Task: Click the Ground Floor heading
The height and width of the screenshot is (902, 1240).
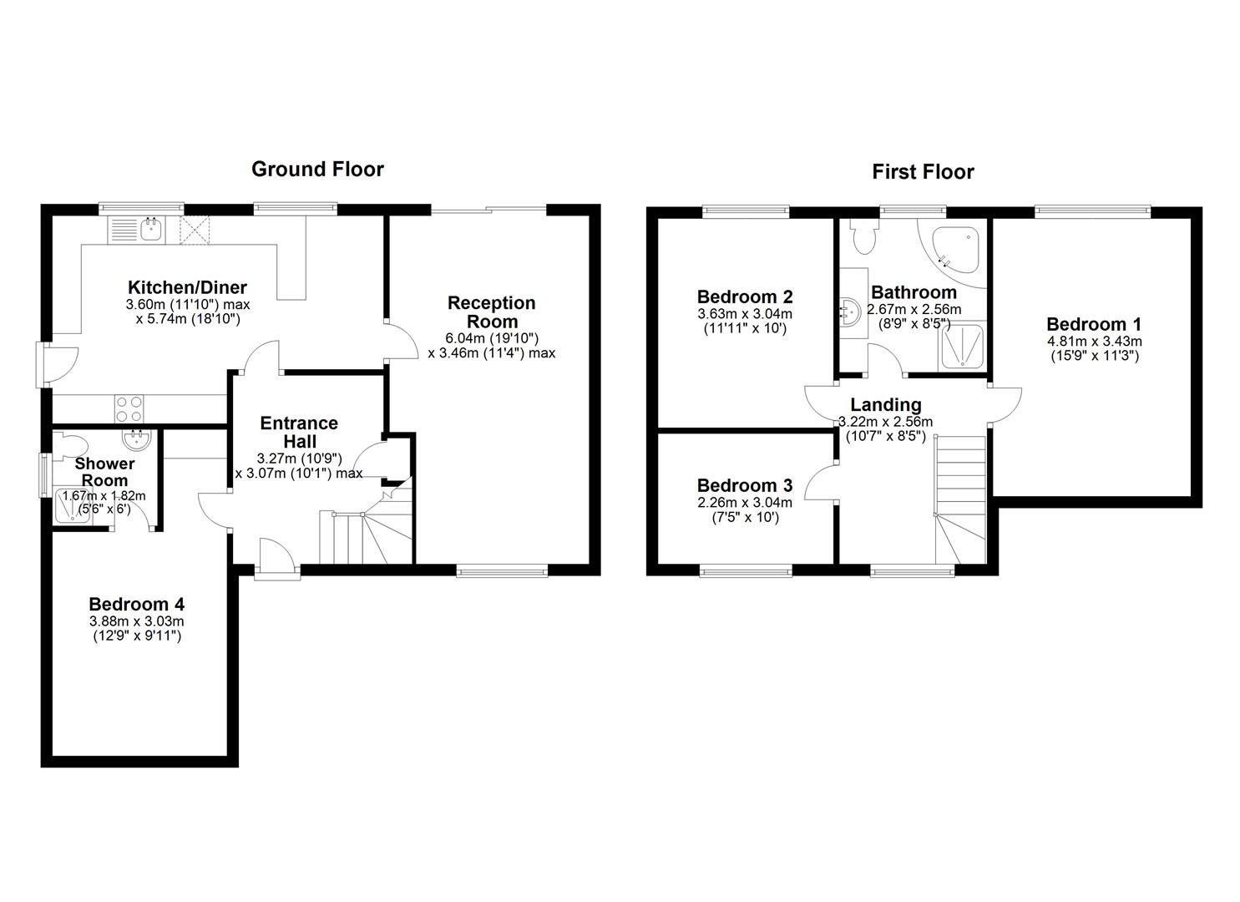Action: tap(317, 170)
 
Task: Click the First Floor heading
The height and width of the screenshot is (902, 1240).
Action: tap(923, 172)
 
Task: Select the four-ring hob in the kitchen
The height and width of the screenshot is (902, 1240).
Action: tap(129, 408)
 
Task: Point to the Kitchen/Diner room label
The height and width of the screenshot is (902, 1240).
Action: tap(187, 287)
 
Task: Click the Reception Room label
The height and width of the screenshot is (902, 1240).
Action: tap(491, 312)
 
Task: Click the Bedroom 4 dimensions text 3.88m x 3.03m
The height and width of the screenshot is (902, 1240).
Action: tap(137, 621)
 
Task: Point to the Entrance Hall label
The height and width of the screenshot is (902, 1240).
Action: tap(298, 432)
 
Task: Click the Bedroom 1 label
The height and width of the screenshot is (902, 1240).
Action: tap(1093, 324)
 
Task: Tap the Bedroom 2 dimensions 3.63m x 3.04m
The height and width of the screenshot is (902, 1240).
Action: tap(744, 314)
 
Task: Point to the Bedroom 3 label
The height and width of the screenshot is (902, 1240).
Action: tap(744, 485)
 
